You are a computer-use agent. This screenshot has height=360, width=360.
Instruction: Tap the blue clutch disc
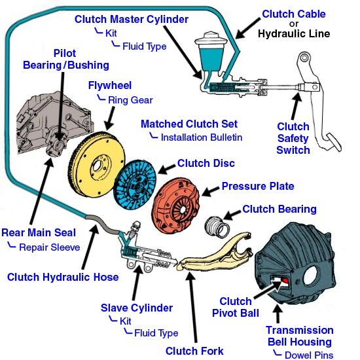click(135, 185)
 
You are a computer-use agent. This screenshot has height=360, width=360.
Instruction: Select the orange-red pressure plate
click(175, 205)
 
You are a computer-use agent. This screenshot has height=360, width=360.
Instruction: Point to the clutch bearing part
click(217, 226)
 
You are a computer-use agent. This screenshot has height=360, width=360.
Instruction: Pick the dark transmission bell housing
click(296, 263)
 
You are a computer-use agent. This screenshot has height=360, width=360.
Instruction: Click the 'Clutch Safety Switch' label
click(293, 138)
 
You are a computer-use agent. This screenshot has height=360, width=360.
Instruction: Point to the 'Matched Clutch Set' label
click(189, 124)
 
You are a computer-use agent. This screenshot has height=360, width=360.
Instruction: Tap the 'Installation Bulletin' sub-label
click(202, 137)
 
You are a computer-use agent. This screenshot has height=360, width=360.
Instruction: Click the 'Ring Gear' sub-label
click(130, 100)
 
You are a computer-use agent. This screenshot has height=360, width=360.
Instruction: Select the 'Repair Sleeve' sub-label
click(50, 247)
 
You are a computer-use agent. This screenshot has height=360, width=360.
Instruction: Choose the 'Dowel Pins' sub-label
click(309, 355)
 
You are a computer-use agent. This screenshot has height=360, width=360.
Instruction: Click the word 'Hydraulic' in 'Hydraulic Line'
click(281, 34)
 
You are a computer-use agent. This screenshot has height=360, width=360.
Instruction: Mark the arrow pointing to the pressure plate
click(210, 191)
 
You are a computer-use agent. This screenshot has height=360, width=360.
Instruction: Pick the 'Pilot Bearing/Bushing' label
click(66, 59)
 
